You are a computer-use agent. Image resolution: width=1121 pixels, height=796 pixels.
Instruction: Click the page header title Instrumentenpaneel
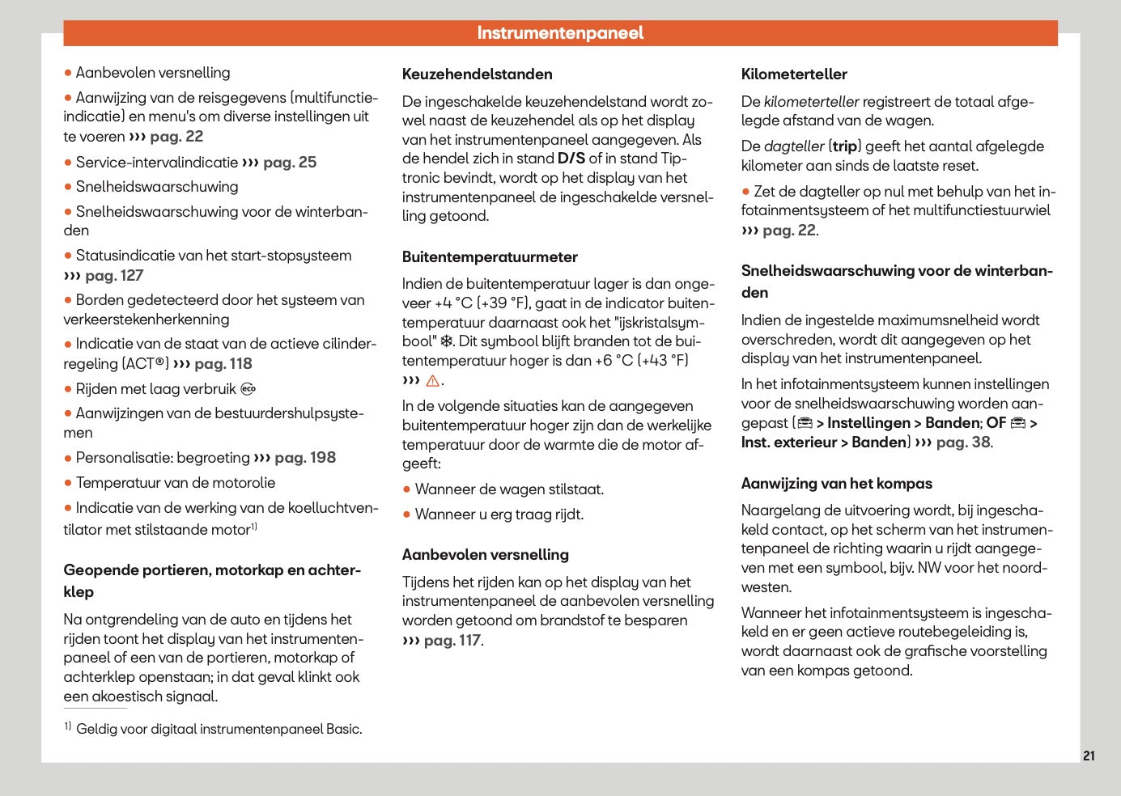tap(560, 33)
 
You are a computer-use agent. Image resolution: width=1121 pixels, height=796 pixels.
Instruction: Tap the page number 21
tap(1089, 756)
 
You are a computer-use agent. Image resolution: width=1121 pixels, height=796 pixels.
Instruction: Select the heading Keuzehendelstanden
tap(477, 74)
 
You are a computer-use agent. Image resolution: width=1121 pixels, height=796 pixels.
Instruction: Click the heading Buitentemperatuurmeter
tap(490, 257)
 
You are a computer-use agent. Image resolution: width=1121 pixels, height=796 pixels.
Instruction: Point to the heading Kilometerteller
tap(794, 74)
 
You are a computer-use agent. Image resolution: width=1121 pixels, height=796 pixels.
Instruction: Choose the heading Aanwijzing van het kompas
tap(836, 484)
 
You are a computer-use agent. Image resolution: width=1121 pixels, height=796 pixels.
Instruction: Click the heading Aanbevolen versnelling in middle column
tap(485, 555)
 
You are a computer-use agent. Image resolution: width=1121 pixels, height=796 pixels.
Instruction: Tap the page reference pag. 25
tap(289, 163)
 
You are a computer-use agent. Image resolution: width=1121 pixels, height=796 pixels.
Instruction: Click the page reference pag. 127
tap(113, 276)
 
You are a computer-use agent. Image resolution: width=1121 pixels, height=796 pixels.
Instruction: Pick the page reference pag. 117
tap(452, 641)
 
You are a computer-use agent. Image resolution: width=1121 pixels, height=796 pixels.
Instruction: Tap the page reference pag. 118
tap(223, 364)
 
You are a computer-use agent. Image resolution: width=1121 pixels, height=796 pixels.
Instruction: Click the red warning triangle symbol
tap(433, 381)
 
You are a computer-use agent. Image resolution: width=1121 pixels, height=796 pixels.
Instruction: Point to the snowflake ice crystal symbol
tap(447, 341)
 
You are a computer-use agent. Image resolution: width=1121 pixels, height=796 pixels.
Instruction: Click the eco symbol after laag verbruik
tap(248, 389)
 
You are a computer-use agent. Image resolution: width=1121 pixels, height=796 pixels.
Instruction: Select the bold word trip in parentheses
tap(844, 146)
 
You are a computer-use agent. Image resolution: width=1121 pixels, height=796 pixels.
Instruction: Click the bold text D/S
tap(571, 159)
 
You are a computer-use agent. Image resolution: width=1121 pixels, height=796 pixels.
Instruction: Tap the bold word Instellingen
tap(868, 423)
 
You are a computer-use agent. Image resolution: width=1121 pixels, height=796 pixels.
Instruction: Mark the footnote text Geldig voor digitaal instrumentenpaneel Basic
tap(219, 729)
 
